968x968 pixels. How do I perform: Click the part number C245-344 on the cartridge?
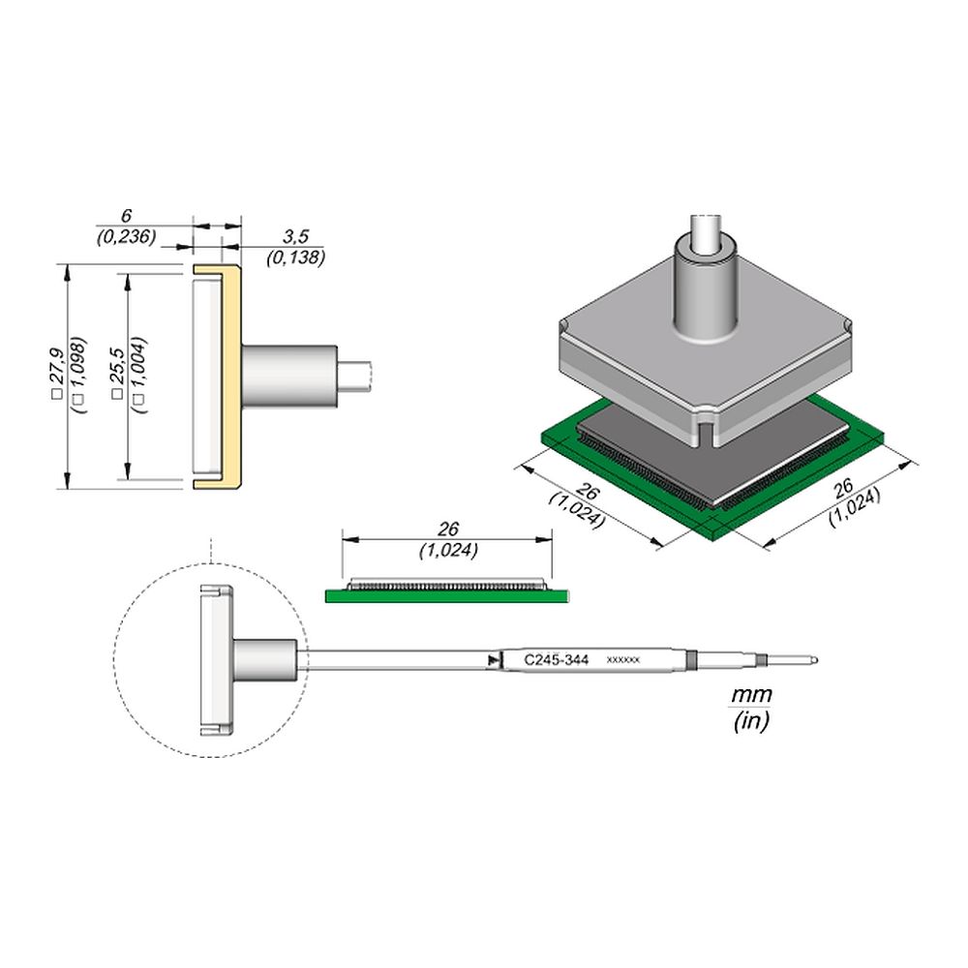coord(556,660)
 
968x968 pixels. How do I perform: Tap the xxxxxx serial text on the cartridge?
coord(622,660)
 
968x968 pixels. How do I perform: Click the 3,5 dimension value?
coord(295,236)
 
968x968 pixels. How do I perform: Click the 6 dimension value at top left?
coord(126,216)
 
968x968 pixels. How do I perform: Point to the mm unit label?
coord(751,695)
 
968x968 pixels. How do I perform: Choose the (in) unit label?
coord(751,720)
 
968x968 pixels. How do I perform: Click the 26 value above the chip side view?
coord(448,529)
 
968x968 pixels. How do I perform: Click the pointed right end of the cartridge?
coord(816,660)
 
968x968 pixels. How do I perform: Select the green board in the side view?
coord(447,595)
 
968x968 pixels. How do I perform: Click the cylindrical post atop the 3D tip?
coord(705,284)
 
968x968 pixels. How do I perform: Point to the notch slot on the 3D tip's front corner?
coord(705,431)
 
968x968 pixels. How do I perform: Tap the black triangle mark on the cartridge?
coord(492,660)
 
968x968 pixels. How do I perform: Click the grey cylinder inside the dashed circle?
coord(264,660)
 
